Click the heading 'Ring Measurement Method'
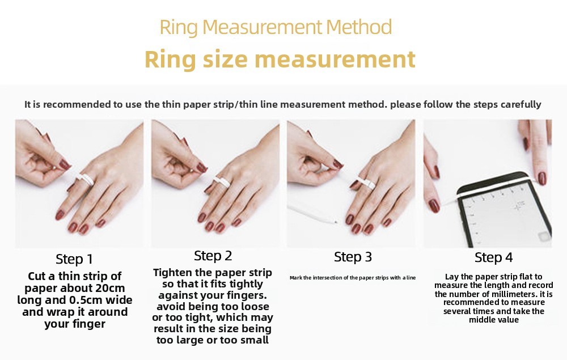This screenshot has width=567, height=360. pos(276,27)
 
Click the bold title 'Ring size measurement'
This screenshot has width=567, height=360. pos(280,59)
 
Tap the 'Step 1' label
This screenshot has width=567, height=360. pos(74,259)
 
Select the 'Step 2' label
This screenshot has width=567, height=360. pos(213,256)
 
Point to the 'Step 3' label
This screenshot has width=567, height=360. pos(353,257)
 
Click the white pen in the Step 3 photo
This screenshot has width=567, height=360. pos(312,212)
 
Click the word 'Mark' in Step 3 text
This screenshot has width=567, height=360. pos(295,278)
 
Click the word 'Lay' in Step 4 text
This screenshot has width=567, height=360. pos(452,276)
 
